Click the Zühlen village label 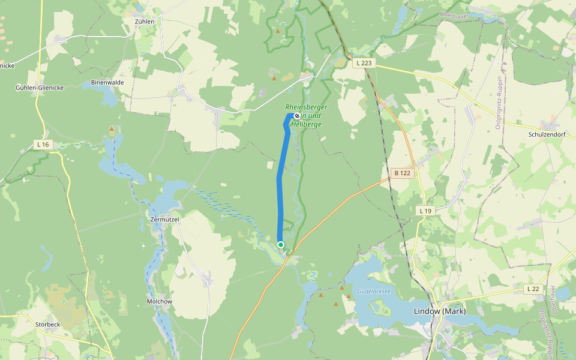[x=145, y=21]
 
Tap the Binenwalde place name [x=107, y=82]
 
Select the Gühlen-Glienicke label [x=40, y=88]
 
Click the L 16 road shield [x=43, y=144]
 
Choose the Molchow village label [x=160, y=301]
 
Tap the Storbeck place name [x=48, y=325]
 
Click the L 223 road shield [x=364, y=62]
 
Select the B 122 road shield [x=402, y=173]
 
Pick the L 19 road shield [x=425, y=211]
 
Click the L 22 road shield [x=533, y=289]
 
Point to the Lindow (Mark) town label [x=440, y=311]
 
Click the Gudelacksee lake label [x=374, y=291]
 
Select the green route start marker [x=281, y=244]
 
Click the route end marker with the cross [x=296, y=116]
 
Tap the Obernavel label [x=454, y=14]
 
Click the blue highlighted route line [x=280, y=192]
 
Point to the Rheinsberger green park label [x=306, y=107]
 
